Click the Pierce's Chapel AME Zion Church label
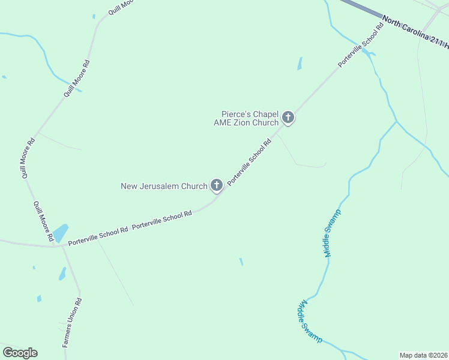click(x=250, y=118)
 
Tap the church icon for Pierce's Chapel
click(x=288, y=118)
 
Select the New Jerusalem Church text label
click(x=164, y=186)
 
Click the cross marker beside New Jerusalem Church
click(x=216, y=186)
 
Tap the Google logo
click(x=20, y=353)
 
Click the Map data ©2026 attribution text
click(x=423, y=355)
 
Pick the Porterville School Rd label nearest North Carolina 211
click(x=361, y=45)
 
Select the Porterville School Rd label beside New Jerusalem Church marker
click(x=250, y=162)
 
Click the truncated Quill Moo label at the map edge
click(x=119, y=7)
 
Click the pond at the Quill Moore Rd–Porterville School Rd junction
click(x=60, y=233)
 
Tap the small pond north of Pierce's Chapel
click(x=300, y=64)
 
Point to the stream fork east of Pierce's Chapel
click(x=396, y=122)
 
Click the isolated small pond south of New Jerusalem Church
click(x=241, y=262)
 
